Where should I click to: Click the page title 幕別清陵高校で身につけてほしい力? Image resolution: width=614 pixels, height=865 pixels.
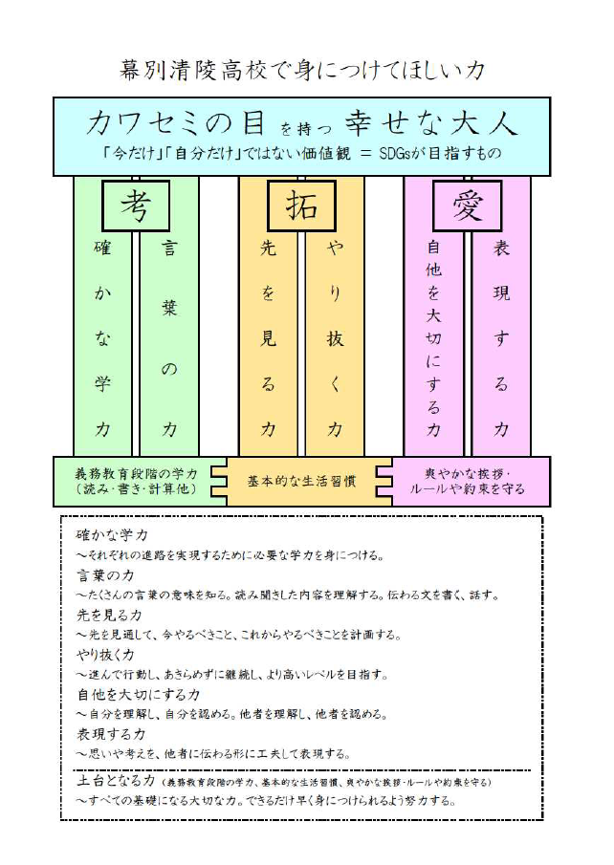coord(302,71)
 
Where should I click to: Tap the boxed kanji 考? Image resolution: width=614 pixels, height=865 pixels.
coord(136,205)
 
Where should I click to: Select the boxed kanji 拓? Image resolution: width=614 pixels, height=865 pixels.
coord(301,205)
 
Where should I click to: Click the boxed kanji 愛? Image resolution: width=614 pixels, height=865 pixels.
coord(467,205)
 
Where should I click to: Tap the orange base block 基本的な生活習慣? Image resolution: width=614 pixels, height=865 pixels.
coord(301,482)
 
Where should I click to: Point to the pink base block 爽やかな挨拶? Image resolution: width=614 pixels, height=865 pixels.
coord(467,482)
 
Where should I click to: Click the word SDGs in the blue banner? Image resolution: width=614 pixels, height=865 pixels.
coord(394,153)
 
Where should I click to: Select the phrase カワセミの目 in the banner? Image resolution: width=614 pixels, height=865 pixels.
coord(176,123)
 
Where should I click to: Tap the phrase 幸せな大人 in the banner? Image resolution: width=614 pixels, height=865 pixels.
coord(431,123)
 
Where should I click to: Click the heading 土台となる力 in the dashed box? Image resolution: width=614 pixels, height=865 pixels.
coord(116,781)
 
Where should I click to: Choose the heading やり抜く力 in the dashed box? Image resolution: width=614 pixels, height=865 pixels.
coord(105,655)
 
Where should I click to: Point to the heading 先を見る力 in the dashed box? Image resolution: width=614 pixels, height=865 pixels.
coord(109,615)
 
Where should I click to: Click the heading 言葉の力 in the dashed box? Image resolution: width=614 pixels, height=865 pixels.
coord(105,575)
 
